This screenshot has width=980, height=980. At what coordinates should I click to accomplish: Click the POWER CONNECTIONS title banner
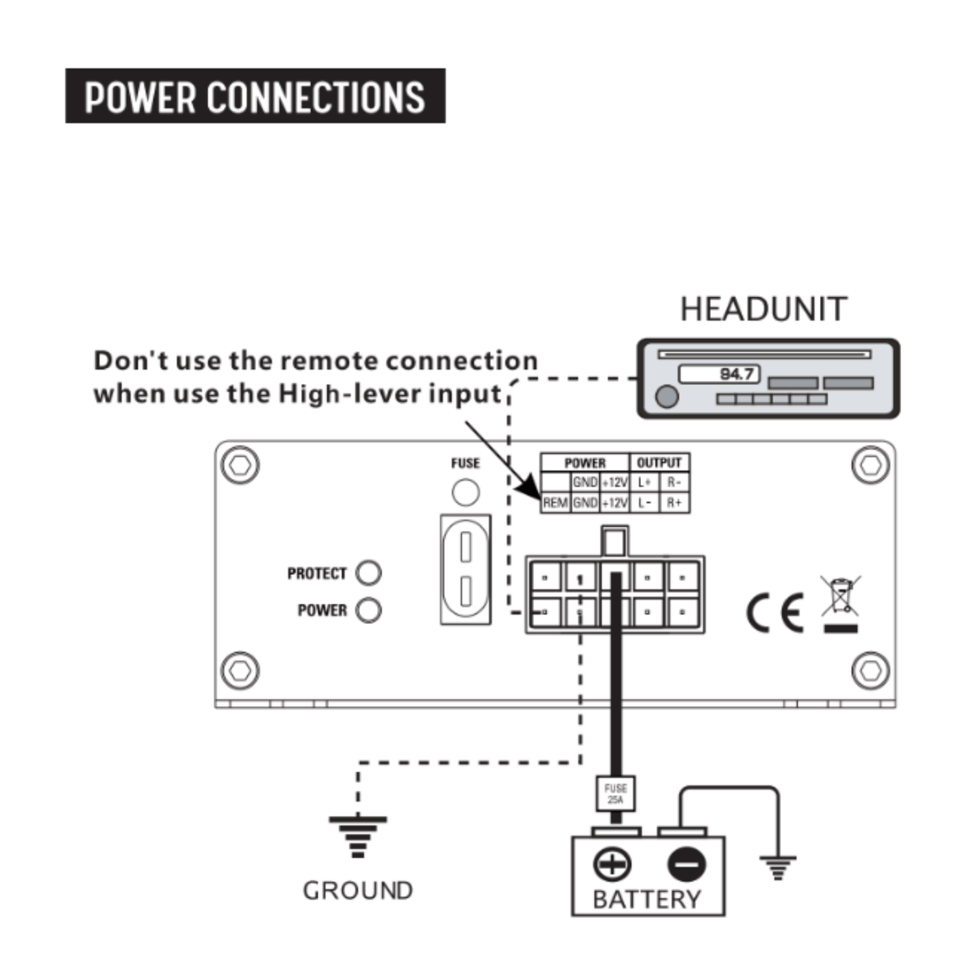point(255,96)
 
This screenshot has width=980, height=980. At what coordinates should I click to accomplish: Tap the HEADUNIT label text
point(764,309)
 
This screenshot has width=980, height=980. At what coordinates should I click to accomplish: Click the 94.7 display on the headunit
point(719,374)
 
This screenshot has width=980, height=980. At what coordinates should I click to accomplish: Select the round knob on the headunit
point(667,396)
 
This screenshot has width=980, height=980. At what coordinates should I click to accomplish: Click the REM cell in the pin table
point(555,503)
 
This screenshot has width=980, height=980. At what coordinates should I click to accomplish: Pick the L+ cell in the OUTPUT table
point(644,483)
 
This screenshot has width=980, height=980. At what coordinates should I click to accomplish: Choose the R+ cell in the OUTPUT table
point(674,503)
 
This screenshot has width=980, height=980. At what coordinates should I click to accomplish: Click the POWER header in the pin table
point(584,463)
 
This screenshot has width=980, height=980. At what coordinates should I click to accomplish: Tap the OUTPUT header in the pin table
point(659,463)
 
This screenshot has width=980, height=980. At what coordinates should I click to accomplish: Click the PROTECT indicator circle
point(368,573)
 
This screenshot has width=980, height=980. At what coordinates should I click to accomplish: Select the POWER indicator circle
point(368,610)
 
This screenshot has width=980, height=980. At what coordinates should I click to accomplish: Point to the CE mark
point(775,613)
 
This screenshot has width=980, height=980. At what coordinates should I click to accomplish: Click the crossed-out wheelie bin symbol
point(840,597)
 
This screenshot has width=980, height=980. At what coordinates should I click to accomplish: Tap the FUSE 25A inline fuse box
point(615,794)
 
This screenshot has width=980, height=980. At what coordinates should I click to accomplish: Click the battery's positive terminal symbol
point(613,865)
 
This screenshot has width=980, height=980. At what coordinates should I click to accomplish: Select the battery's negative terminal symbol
point(686,865)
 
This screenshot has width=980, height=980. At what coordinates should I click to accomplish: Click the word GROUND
point(358,890)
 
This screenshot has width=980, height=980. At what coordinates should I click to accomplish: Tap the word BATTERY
point(647,899)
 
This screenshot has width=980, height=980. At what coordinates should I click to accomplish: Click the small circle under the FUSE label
point(465,491)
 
